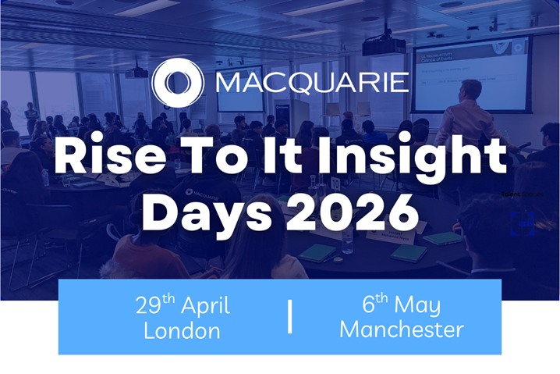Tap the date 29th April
tap(182, 305)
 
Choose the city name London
tap(182, 330)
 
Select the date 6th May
tap(401, 305)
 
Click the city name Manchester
tap(401, 330)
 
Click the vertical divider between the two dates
tap(290, 317)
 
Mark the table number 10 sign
tap(334, 183)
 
